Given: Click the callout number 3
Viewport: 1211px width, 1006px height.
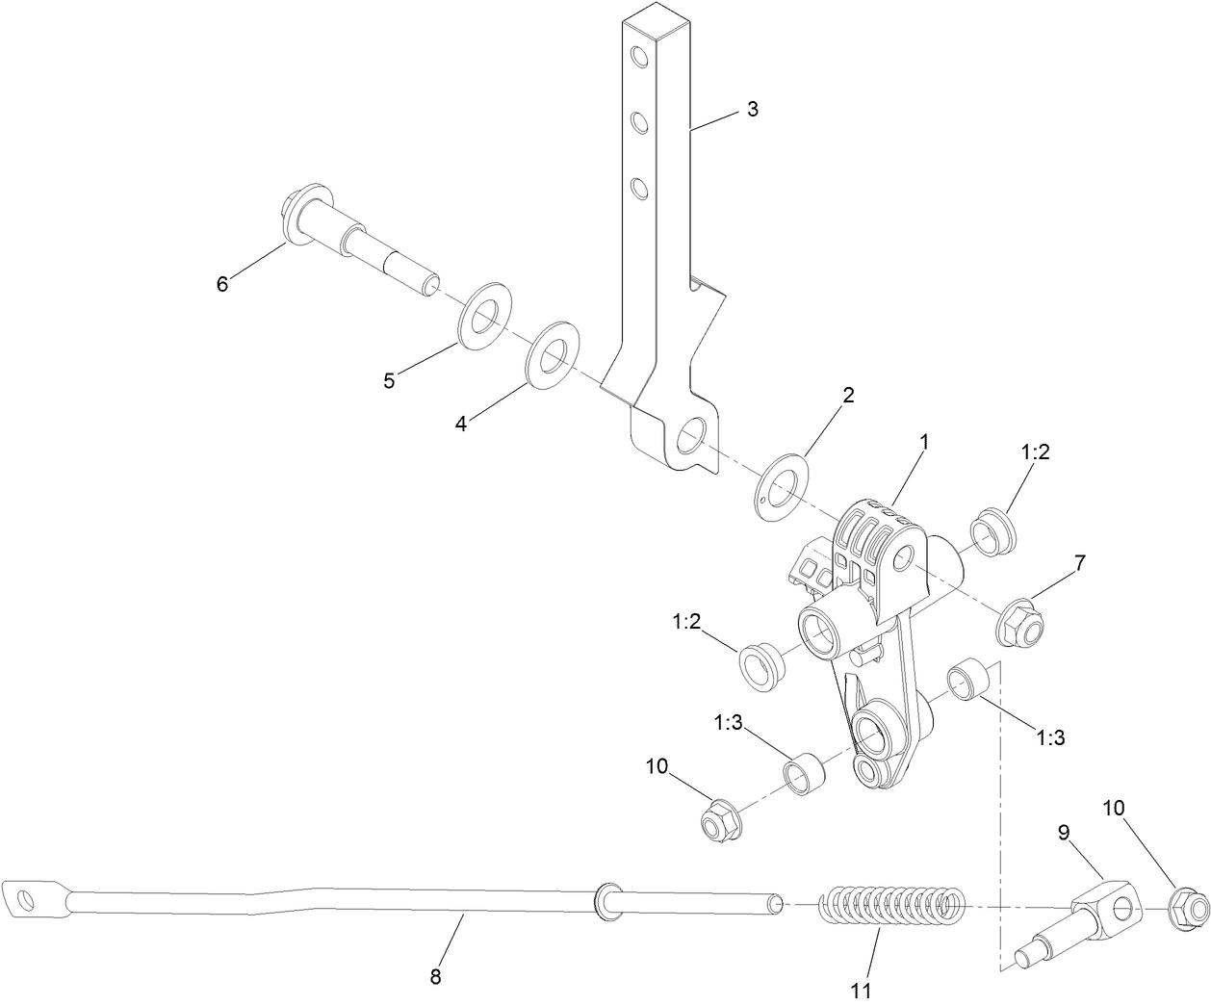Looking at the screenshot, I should [753, 109].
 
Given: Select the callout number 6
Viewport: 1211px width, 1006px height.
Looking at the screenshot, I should [222, 284].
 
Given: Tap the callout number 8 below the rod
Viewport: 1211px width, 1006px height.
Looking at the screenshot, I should [435, 976].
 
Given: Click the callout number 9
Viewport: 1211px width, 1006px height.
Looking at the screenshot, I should [1064, 831].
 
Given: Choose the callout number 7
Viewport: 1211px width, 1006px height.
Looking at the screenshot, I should [1080, 564].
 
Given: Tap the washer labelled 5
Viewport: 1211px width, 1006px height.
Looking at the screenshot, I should [483, 315].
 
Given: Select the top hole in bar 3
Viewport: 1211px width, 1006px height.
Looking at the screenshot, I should [636, 57].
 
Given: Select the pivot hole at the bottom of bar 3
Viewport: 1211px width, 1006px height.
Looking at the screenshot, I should [689, 438].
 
